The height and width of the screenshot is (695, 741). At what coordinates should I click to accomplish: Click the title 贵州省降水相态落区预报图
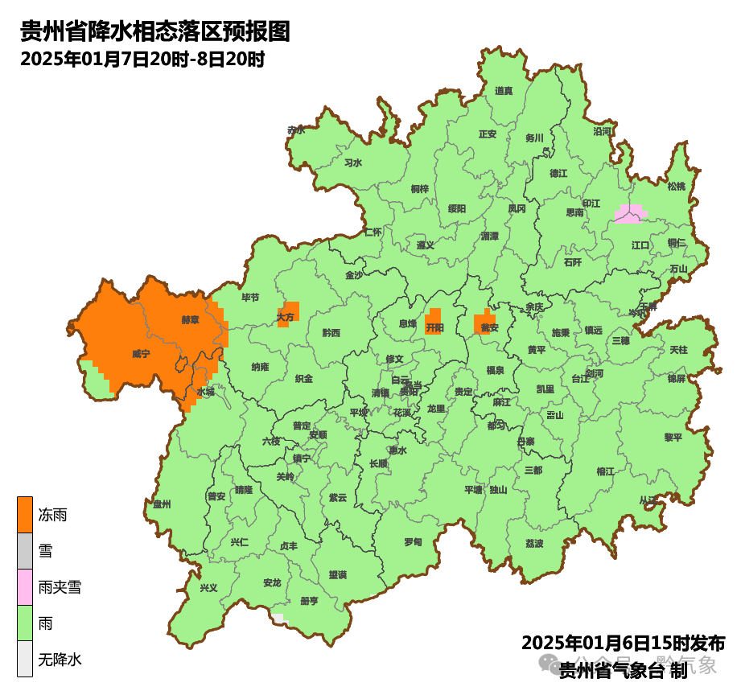(x=154, y=31)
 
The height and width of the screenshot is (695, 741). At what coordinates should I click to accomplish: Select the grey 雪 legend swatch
(x=25, y=551)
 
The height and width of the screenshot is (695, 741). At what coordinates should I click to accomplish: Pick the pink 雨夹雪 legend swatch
(x=25, y=587)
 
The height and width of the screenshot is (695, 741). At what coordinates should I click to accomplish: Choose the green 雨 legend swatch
(x=25, y=623)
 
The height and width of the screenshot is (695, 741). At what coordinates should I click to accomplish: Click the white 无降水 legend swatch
(x=25, y=660)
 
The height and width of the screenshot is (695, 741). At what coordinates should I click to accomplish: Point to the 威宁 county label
(x=141, y=354)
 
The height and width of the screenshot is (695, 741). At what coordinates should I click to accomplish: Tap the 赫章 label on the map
(x=190, y=319)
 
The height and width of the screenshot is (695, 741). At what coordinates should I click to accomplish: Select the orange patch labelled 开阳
(x=434, y=322)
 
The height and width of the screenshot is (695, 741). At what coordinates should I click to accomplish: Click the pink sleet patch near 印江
(x=629, y=213)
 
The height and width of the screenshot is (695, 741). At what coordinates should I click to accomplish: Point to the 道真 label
(x=504, y=91)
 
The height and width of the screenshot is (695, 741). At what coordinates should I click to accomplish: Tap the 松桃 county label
(x=677, y=187)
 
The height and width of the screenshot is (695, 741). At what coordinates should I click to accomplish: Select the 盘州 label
(x=163, y=504)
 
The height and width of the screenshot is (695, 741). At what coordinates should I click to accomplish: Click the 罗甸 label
(x=413, y=542)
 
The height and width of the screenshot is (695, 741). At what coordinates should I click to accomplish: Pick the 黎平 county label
(x=673, y=437)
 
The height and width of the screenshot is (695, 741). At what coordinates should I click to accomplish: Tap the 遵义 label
(x=426, y=245)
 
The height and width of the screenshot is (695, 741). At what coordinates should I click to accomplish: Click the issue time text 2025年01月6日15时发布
(x=623, y=644)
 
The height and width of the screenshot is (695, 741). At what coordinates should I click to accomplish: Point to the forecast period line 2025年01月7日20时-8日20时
(x=142, y=59)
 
